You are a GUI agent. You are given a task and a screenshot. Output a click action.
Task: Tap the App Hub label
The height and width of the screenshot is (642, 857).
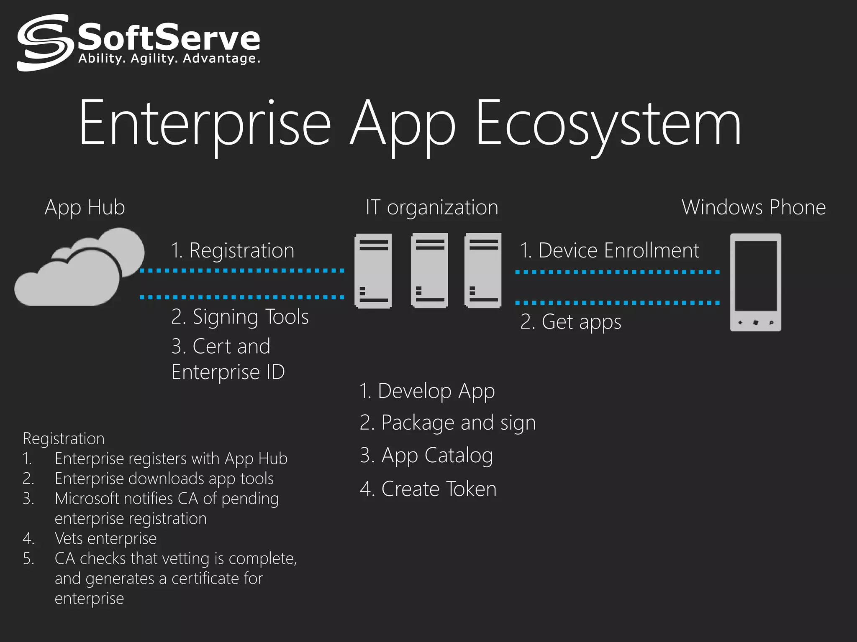coord(85,207)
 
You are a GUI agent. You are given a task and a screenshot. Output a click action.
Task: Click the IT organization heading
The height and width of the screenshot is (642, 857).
coord(432,207)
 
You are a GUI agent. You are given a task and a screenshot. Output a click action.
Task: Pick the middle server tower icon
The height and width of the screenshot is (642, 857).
coord(429,271)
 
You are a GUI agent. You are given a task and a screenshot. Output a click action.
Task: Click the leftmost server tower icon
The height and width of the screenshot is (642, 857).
coord(373,271)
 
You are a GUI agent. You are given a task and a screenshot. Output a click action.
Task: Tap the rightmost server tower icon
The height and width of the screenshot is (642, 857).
coord(483,271)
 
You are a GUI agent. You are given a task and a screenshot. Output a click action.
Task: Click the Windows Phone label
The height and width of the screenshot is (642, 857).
coord(754,207)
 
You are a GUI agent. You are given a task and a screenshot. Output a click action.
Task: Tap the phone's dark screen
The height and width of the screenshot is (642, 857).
coord(756,276)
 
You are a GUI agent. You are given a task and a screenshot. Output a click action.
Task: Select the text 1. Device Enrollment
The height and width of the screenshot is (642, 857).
coord(609,250)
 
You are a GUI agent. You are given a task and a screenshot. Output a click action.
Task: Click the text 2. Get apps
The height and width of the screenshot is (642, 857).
coord(571,322)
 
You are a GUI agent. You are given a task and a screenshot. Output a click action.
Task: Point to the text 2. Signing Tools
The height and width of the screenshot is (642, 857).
coord(240,317)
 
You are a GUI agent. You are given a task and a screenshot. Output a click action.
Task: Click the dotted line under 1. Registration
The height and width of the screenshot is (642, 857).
coord(242,271)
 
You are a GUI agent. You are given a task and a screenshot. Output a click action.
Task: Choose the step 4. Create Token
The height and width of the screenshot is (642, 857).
coord(428,489)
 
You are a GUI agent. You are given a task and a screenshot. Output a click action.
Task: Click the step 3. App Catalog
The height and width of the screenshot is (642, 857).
coord(426,455)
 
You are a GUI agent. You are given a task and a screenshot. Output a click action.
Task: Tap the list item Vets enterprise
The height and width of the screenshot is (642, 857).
coord(105,538)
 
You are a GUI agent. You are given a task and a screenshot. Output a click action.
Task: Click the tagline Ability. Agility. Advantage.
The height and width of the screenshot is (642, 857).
coord(169,59)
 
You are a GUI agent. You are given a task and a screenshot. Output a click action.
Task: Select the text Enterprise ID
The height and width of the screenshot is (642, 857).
coord(228,372)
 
